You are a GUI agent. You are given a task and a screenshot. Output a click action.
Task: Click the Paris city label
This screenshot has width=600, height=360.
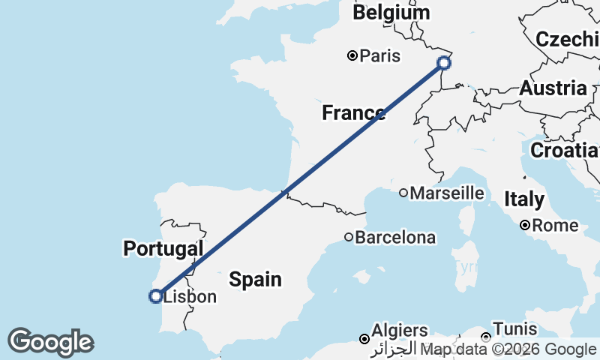[379, 56]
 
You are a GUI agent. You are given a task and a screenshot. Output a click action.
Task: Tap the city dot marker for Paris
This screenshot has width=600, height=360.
[352, 55]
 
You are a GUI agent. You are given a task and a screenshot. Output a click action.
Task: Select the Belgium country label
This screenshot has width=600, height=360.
[391, 13]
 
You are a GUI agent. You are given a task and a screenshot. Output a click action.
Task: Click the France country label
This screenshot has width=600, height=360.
[352, 113]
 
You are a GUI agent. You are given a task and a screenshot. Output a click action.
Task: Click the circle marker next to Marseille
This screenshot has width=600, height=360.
[403, 193]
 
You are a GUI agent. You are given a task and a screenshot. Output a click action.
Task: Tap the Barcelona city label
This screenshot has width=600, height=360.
[394, 238]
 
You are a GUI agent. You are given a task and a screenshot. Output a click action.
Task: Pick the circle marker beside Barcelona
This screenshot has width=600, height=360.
[349, 237]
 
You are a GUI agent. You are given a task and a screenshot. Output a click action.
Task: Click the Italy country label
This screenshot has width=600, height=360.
[523, 200]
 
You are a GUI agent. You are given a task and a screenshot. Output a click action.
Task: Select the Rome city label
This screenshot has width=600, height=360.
[556, 225]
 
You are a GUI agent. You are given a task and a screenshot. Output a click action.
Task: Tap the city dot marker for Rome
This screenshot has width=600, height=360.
[526, 225]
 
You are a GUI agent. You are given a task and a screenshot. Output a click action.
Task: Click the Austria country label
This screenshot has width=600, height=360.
[553, 88]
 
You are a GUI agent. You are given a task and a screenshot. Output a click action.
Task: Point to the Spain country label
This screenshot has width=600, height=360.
[255, 280]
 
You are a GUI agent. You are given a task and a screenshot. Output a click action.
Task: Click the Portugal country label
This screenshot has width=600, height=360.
[163, 248]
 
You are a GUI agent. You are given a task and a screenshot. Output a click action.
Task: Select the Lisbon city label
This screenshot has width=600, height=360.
[190, 297]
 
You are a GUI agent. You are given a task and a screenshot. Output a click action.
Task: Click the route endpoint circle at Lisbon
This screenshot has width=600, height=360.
[155, 296]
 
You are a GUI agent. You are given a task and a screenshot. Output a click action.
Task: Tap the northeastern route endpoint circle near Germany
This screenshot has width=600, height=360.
[443, 63]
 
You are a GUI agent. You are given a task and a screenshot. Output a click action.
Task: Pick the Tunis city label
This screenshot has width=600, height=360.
[515, 329]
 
